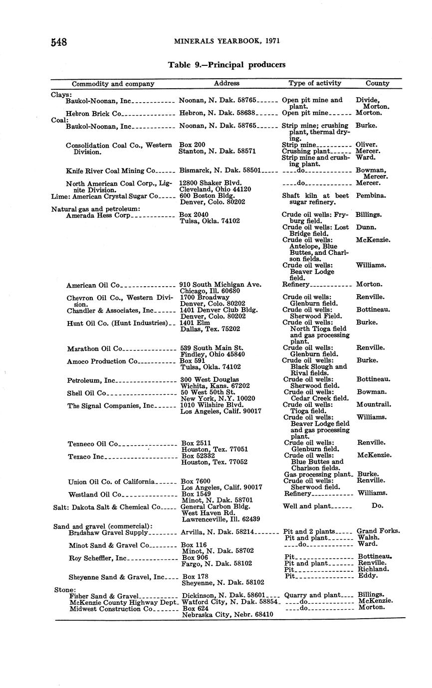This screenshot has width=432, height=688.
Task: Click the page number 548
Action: click(x=59, y=42)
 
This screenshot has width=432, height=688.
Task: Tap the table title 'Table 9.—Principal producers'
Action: click(x=226, y=65)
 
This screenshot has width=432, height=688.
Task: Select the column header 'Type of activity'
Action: click(x=315, y=83)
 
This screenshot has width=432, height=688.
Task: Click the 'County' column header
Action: click(x=377, y=83)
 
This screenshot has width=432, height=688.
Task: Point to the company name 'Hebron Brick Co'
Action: click(x=94, y=114)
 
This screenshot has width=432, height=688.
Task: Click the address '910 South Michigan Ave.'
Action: click(x=220, y=285)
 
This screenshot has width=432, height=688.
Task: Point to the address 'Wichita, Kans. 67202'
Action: click(x=215, y=386)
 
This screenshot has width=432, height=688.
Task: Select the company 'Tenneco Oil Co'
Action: click(x=93, y=444)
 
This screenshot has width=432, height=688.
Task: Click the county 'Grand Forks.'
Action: click(x=378, y=531)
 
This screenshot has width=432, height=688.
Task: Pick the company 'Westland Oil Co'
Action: click(x=95, y=495)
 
